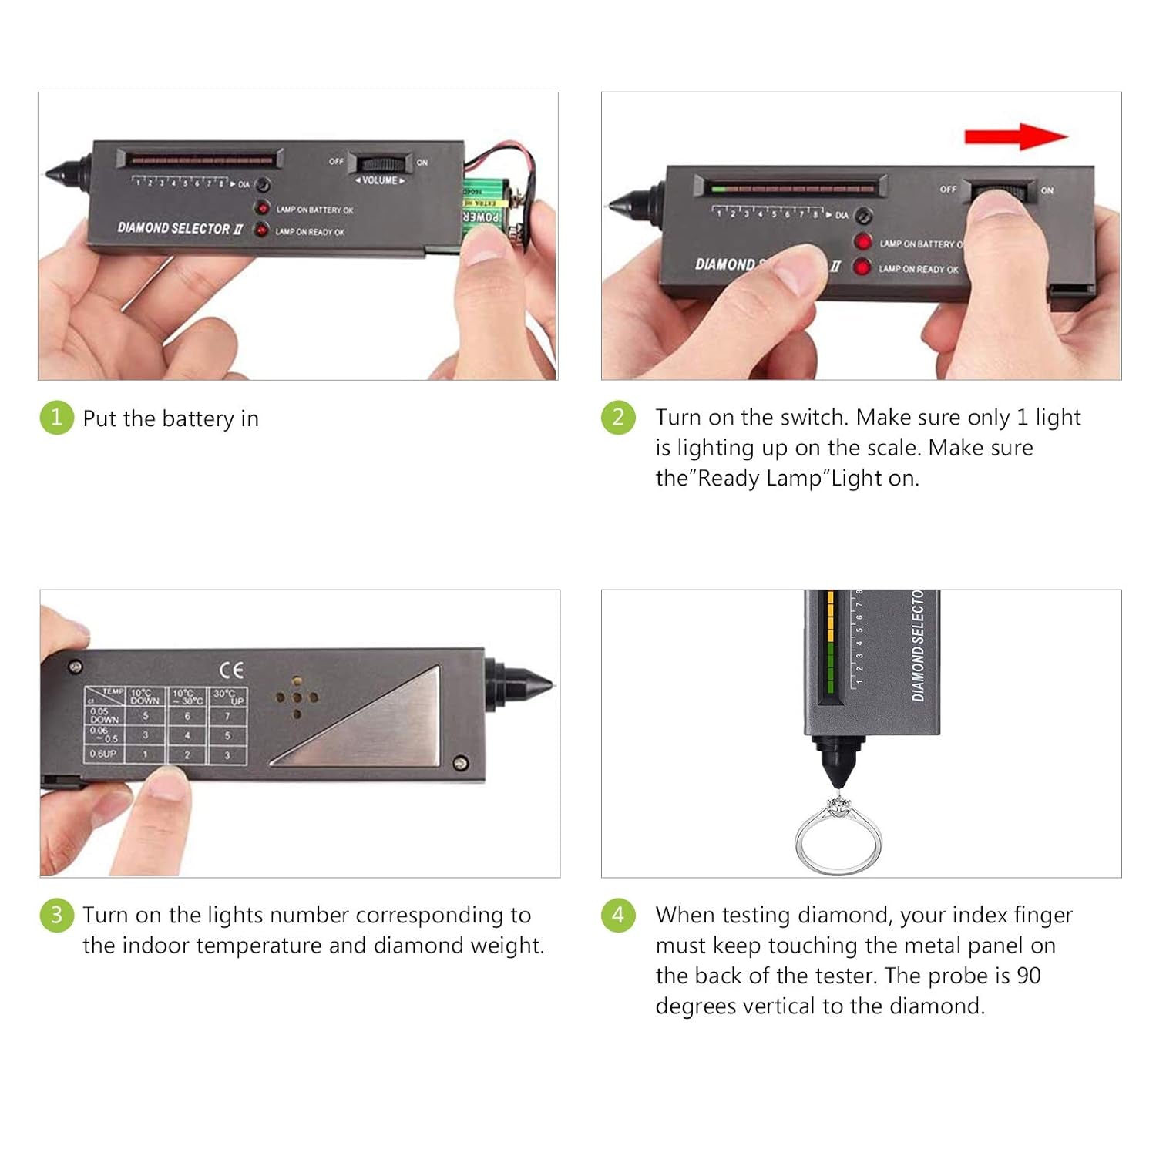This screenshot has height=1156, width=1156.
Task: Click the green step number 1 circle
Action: point(56,418)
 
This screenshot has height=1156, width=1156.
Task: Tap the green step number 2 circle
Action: point(618,418)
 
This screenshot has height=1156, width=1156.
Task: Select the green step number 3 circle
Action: point(56,915)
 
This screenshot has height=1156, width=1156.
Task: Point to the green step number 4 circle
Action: point(618,915)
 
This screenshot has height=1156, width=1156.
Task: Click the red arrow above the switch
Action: point(1016,136)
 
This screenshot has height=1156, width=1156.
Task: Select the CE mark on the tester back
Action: point(230,670)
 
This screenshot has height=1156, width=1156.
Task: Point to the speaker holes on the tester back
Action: point(297,697)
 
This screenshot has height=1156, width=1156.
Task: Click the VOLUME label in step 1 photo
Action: point(379,180)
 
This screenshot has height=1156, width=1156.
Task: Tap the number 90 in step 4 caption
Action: point(1029,976)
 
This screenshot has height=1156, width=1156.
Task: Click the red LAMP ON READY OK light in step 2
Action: point(862,267)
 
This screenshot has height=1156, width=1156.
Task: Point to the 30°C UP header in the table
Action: point(228,697)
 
